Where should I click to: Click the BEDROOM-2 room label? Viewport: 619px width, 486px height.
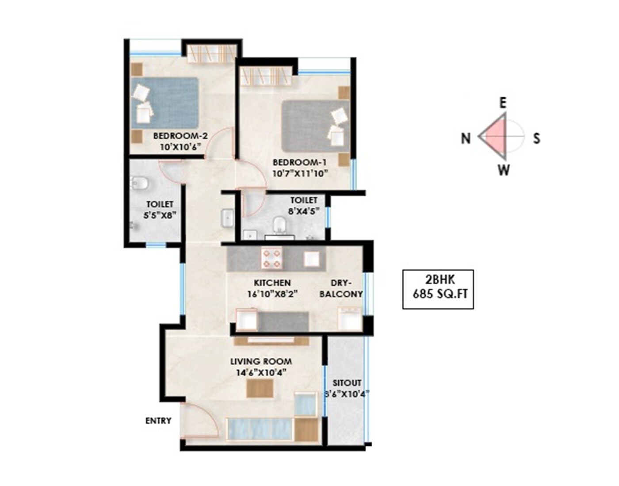pyautogui.click(x=180, y=136)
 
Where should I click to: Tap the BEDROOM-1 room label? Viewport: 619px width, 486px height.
pyautogui.click(x=299, y=162)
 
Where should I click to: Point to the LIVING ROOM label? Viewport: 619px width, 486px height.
pyautogui.click(x=261, y=361)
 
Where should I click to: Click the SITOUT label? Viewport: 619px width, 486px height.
pyautogui.click(x=347, y=383)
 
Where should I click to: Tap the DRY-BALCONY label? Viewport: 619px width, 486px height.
pyautogui.click(x=341, y=288)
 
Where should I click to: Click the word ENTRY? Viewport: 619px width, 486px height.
pyautogui.click(x=158, y=421)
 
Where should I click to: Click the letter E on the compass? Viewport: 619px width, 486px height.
pyautogui.click(x=503, y=103)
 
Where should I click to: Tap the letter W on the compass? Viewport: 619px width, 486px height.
pyautogui.click(x=504, y=170)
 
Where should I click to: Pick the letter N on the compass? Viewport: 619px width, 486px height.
pyautogui.click(x=466, y=138)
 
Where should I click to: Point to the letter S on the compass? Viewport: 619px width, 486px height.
pyautogui.click(x=536, y=138)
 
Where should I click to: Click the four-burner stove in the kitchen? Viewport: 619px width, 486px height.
pyautogui.click(x=272, y=259)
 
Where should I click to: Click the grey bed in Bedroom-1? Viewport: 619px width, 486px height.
pyautogui.click(x=315, y=126)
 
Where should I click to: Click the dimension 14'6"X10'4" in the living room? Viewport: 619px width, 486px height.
pyautogui.click(x=261, y=372)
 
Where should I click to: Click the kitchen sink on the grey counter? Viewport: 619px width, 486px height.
pyautogui.click(x=312, y=259)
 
